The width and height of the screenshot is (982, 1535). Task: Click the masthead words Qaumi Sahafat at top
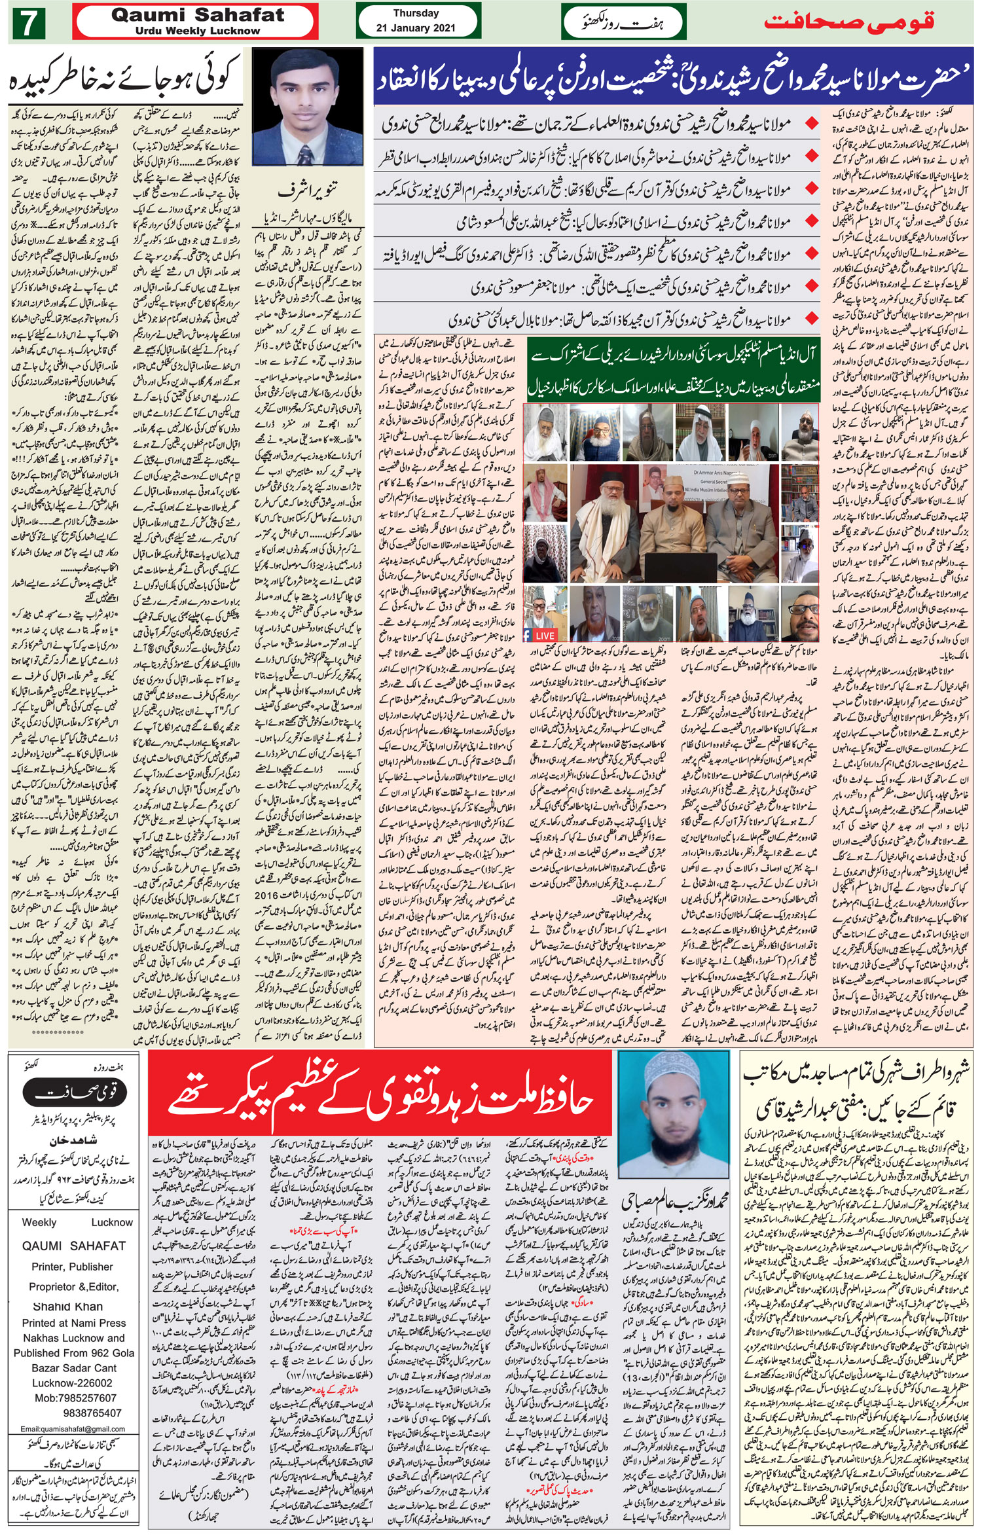coord(198,15)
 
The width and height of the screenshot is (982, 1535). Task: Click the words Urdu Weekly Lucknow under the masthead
coord(198,31)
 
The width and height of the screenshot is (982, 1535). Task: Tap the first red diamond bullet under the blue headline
coord(812,123)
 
